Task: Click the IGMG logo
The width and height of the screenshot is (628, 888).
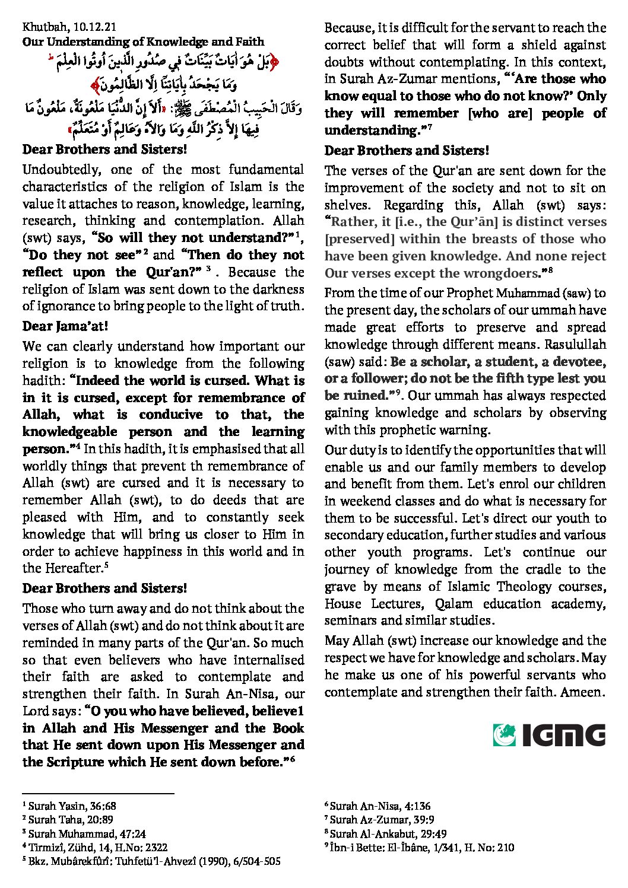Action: [x=549, y=734]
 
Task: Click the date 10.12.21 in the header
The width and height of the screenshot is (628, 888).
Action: [x=95, y=27]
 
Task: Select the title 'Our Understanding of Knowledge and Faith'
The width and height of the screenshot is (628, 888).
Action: [x=143, y=42]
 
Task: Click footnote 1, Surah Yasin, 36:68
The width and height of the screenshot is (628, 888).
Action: [x=69, y=806]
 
